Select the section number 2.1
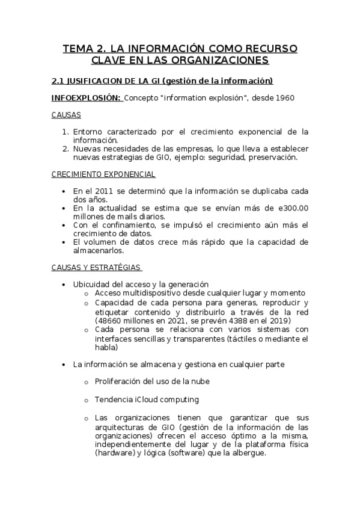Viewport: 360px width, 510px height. coord(58,81)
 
